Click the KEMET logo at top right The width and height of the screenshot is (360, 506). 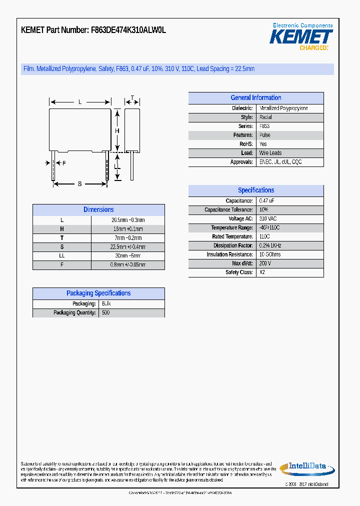coord(301,36)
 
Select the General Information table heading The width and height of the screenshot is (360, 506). coord(256,98)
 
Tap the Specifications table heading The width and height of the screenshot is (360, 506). coord(256,190)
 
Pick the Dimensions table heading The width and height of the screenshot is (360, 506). coord(98,210)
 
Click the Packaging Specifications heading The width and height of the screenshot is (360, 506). coord(98,293)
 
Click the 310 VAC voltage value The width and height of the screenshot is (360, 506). coord(268,219)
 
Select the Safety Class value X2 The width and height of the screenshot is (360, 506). coord(262,272)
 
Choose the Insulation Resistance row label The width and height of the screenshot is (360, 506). coord(229,254)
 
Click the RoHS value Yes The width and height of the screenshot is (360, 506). coord(263,144)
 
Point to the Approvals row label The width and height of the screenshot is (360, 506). coord(241,162)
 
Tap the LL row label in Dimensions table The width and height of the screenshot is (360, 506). coord(62,256)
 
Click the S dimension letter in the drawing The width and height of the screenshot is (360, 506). coord(80,184)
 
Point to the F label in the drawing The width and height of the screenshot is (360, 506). coord(64,163)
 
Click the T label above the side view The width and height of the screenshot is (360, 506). coord(132,97)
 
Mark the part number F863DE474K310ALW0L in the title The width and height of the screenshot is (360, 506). coord(128,30)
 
